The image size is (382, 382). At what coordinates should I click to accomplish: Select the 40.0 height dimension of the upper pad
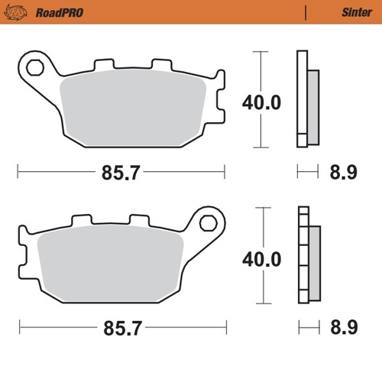261,102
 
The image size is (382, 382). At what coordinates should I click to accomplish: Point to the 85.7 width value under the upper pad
120,173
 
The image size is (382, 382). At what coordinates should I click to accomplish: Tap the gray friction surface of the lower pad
107,264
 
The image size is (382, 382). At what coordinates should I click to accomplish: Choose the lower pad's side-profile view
307,256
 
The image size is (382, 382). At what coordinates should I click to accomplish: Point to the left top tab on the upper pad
101,66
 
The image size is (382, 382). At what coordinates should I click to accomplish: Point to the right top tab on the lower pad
141,222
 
